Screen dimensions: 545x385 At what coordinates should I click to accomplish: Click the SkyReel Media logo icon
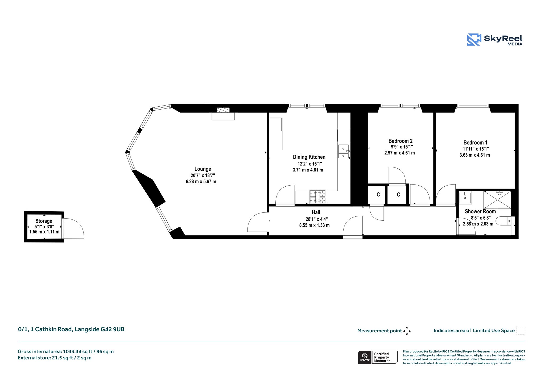[474, 40]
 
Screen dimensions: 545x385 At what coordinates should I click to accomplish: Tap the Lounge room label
[203, 169]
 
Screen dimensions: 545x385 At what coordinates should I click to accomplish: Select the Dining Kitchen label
[309, 157]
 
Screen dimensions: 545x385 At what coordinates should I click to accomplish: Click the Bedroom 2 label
[400, 141]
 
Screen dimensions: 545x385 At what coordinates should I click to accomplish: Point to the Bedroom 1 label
[475, 143]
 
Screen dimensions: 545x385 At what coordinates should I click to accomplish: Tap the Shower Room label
[480, 211]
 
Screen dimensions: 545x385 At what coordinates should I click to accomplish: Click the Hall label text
[316, 212]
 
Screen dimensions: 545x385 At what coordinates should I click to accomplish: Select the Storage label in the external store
[44, 221]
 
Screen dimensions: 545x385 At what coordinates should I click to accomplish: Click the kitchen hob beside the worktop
[317, 197]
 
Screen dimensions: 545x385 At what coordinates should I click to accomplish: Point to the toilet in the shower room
[504, 221]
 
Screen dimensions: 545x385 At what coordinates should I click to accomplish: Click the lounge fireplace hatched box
[223, 110]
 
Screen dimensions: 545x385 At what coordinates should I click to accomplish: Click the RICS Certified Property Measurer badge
[378, 357]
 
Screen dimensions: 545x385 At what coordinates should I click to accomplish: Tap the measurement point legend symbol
[407, 331]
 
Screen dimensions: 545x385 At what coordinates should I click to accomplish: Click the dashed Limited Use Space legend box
[521, 330]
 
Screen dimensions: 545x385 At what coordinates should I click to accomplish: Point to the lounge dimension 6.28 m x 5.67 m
[201, 182]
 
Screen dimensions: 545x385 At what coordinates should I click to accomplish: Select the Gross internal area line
[66, 351]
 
